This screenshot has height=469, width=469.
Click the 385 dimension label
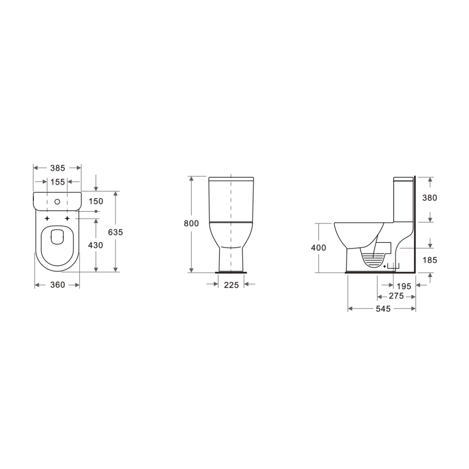click(x=57, y=168)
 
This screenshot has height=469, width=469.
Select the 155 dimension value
click(x=57, y=182)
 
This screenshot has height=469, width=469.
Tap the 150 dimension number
click(x=96, y=201)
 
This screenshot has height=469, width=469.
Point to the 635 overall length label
click(x=115, y=232)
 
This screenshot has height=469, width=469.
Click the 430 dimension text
click(x=96, y=245)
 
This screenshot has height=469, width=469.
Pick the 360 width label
click(x=57, y=285)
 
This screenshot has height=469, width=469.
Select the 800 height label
click(x=191, y=223)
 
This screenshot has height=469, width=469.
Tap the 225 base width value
click(x=231, y=285)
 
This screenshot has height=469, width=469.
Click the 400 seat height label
click(x=318, y=247)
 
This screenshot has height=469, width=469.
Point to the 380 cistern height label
click(x=430, y=198)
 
